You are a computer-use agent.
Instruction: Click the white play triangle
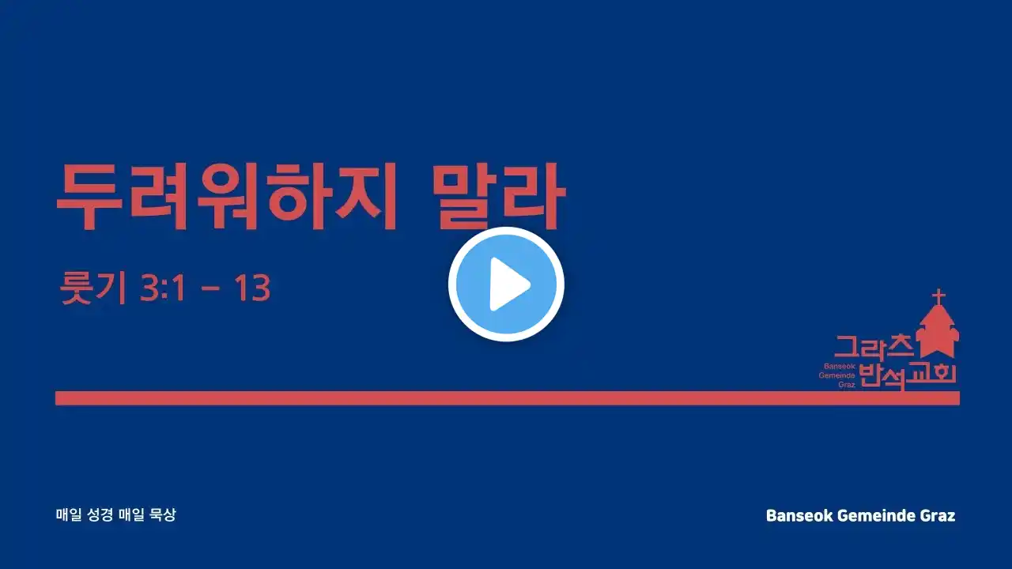508,284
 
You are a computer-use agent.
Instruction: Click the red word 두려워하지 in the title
226,197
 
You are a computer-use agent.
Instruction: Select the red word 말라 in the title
498,197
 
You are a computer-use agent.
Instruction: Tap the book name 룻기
93,288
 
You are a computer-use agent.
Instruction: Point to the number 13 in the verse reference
252,288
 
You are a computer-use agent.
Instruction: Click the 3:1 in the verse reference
163,288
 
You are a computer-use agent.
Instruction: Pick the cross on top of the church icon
938,296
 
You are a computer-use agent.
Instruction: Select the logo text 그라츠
874,347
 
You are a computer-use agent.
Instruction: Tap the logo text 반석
882,377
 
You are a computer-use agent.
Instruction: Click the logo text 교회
931,373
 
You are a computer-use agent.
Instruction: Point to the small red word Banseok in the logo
840,366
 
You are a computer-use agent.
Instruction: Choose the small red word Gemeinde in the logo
836,375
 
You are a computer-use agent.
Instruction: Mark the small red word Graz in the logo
847,385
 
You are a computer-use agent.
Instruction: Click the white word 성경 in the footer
100,514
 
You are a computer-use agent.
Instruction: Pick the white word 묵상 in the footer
162,514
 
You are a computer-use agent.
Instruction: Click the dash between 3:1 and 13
210,288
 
